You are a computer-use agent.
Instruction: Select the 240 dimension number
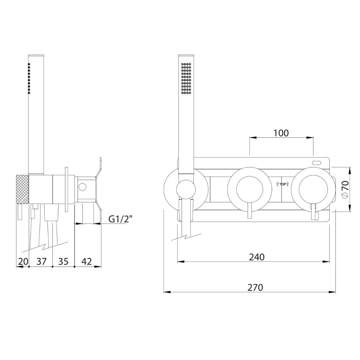pyautogui.click(x=257, y=257)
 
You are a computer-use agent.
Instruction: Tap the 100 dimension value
pyautogui.click(x=281, y=133)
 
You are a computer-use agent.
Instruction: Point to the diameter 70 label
pyautogui.click(x=345, y=189)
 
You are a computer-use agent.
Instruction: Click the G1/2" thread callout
pyautogui.click(x=121, y=219)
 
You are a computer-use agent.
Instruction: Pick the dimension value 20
pyautogui.click(x=23, y=261)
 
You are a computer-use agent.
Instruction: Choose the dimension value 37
pyautogui.click(x=42, y=261)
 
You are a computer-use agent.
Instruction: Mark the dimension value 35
pyautogui.click(x=63, y=261)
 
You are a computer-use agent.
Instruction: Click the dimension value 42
pyautogui.click(x=87, y=261)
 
